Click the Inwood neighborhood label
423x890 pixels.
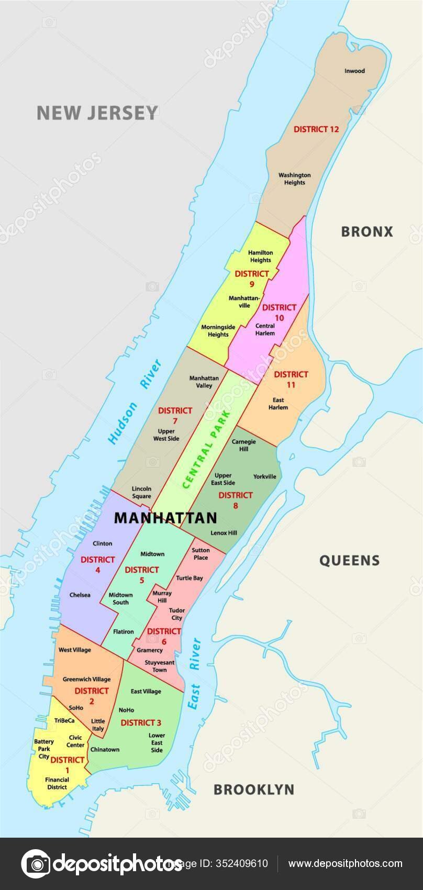pos(354,71)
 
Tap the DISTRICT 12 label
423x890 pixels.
pos(316,129)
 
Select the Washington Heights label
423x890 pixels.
pos(294,179)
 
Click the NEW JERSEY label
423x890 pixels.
pos(97,113)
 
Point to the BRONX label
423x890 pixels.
pos(366,231)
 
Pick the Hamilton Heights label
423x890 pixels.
pos(260,256)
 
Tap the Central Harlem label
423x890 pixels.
pos(265,329)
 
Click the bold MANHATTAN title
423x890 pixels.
pos(165,518)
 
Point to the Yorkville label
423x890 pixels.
pos(264,476)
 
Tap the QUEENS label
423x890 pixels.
pos(349,561)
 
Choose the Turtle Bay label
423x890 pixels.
pos(189,578)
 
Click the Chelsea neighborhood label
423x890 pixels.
pos(80,595)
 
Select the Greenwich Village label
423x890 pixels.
pos(86,679)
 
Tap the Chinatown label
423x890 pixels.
pos(105,749)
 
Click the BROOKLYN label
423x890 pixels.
pos(253,789)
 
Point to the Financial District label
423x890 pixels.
pos(57,783)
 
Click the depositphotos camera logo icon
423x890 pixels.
pos(35,864)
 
